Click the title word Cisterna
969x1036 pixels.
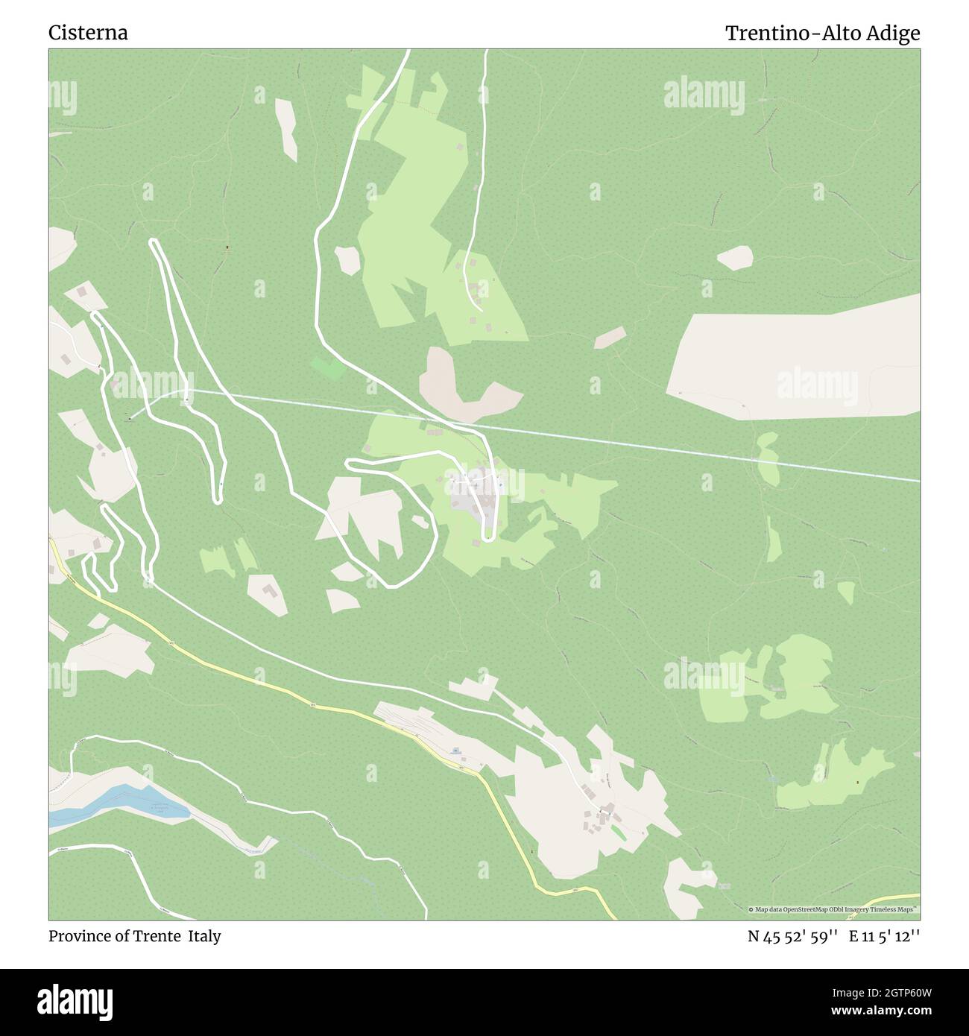pyautogui.click(x=88, y=33)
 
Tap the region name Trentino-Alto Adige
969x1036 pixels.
pyautogui.click(x=822, y=33)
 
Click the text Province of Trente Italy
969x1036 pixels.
pyautogui.click(x=134, y=936)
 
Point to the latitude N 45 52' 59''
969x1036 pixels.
pyautogui.click(x=794, y=937)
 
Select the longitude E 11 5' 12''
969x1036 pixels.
pyautogui.click(x=885, y=937)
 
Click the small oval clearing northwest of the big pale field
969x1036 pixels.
pyautogui.click(x=734, y=257)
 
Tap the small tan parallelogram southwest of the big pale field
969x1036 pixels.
pyautogui.click(x=610, y=338)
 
